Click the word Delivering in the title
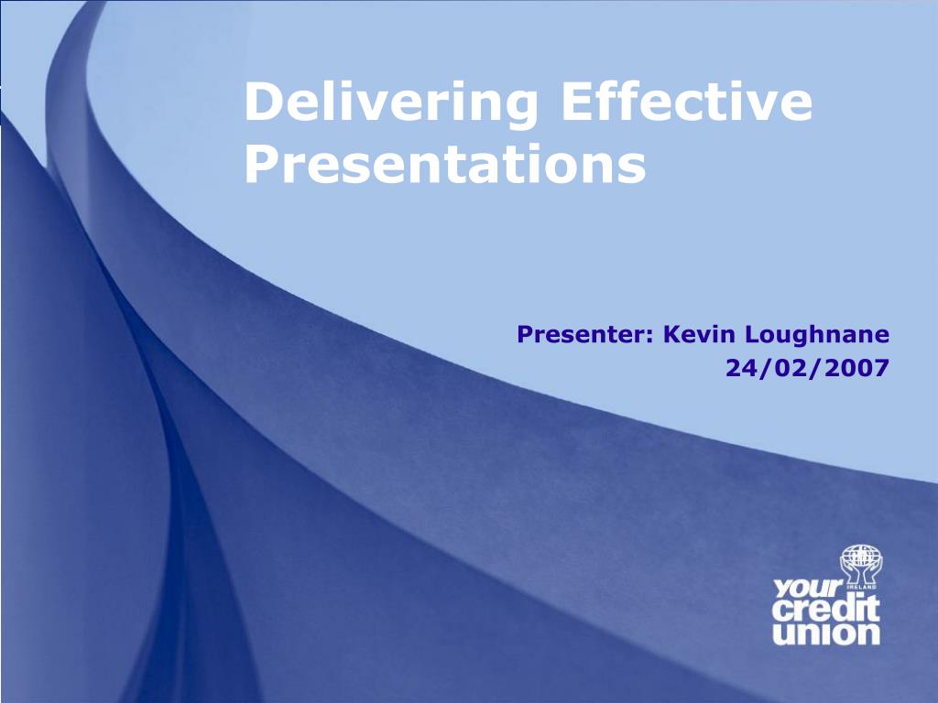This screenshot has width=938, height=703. click(390, 103)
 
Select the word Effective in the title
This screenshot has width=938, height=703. click(686, 103)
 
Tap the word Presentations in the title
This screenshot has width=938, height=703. click(445, 166)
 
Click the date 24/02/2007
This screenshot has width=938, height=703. click(807, 368)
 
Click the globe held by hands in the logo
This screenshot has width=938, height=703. click(859, 559)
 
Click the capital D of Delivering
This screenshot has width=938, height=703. click(261, 103)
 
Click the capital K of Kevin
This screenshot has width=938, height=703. click(671, 335)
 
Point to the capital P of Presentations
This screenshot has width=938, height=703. click(260, 166)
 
